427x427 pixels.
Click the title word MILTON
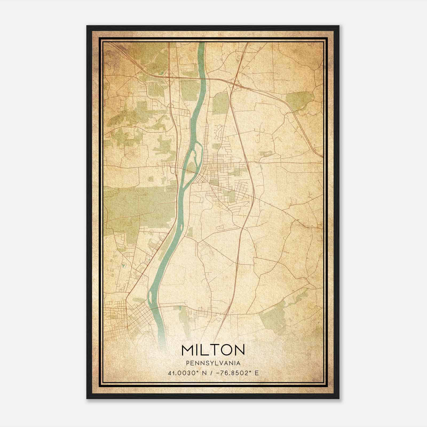[x=213, y=350]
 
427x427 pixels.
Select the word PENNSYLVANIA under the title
[x=213, y=363]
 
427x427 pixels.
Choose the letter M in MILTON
[x=188, y=350]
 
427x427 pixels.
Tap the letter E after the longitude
[x=256, y=373]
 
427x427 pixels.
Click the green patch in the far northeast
[x=299, y=100]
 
